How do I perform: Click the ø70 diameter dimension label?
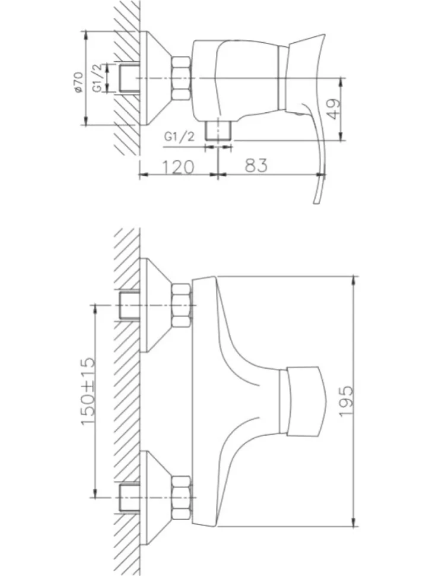[x=78, y=83]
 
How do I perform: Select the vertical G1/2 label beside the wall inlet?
[x=98, y=78]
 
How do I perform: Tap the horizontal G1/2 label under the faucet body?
[x=179, y=137]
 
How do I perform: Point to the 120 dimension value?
[x=177, y=167]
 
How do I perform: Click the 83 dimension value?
[x=256, y=165]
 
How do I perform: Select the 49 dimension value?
[x=333, y=109]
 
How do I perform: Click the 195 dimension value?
[x=346, y=401]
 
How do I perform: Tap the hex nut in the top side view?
[x=181, y=78]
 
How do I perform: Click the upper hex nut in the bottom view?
[x=182, y=305]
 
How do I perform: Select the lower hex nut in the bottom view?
[x=182, y=498]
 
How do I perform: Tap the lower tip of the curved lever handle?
[x=315, y=202]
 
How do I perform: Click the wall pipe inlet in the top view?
[x=129, y=78]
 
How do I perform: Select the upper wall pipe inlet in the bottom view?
[x=129, y=305]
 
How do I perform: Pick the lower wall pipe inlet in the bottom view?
[x=129, y=498]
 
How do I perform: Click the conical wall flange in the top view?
[x=155, y=78]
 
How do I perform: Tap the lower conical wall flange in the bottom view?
[x=155, y=498]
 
